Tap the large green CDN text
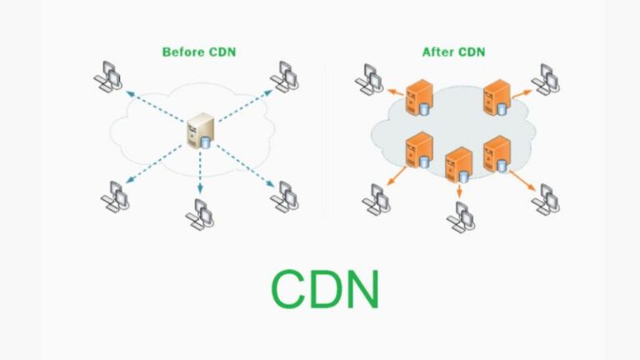pos(325,289)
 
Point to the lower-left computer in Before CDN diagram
pos(113,197)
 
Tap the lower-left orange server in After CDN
pos(417,150)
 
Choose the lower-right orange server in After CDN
pos(497,152)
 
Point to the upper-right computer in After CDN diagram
pos(546,76)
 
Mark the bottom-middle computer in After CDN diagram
pos(459,215)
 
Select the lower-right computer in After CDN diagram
pos(546,198)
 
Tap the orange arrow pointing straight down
pos(458,189)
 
